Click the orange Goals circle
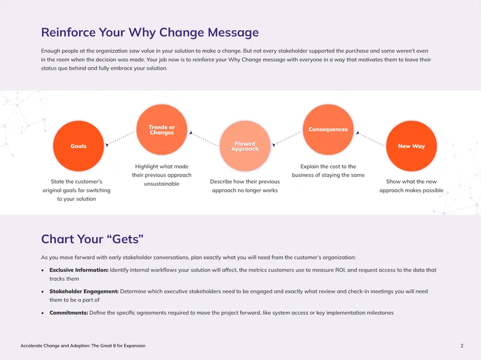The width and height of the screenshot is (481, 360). (79, 146)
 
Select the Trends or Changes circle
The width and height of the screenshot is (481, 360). (162, 129)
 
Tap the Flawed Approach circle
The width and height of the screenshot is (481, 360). (245, 146)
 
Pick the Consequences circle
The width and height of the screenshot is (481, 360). (328, 129)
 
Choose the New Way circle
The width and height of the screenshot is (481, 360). (411, 146)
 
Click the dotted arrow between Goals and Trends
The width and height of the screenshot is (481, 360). (120, 139)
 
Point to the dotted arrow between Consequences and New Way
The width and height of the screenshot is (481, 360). (370, 138)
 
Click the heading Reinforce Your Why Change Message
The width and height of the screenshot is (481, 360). (150, 32)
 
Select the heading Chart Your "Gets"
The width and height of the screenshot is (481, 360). (93, 239)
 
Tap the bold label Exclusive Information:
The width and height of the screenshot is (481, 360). (79, 270)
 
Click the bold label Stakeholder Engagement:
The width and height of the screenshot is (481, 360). (84, 291)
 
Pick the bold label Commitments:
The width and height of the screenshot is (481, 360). (69, 313)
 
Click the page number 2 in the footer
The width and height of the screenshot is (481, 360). (462, 346)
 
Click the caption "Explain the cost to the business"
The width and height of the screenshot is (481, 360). (328, 171)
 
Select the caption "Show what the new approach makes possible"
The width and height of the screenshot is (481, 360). (411, 186)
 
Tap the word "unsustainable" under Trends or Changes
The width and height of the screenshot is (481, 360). (162, 184)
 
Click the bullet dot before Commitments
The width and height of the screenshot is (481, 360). (43, 313)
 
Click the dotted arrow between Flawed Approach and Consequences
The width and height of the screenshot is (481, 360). (287, 139)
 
